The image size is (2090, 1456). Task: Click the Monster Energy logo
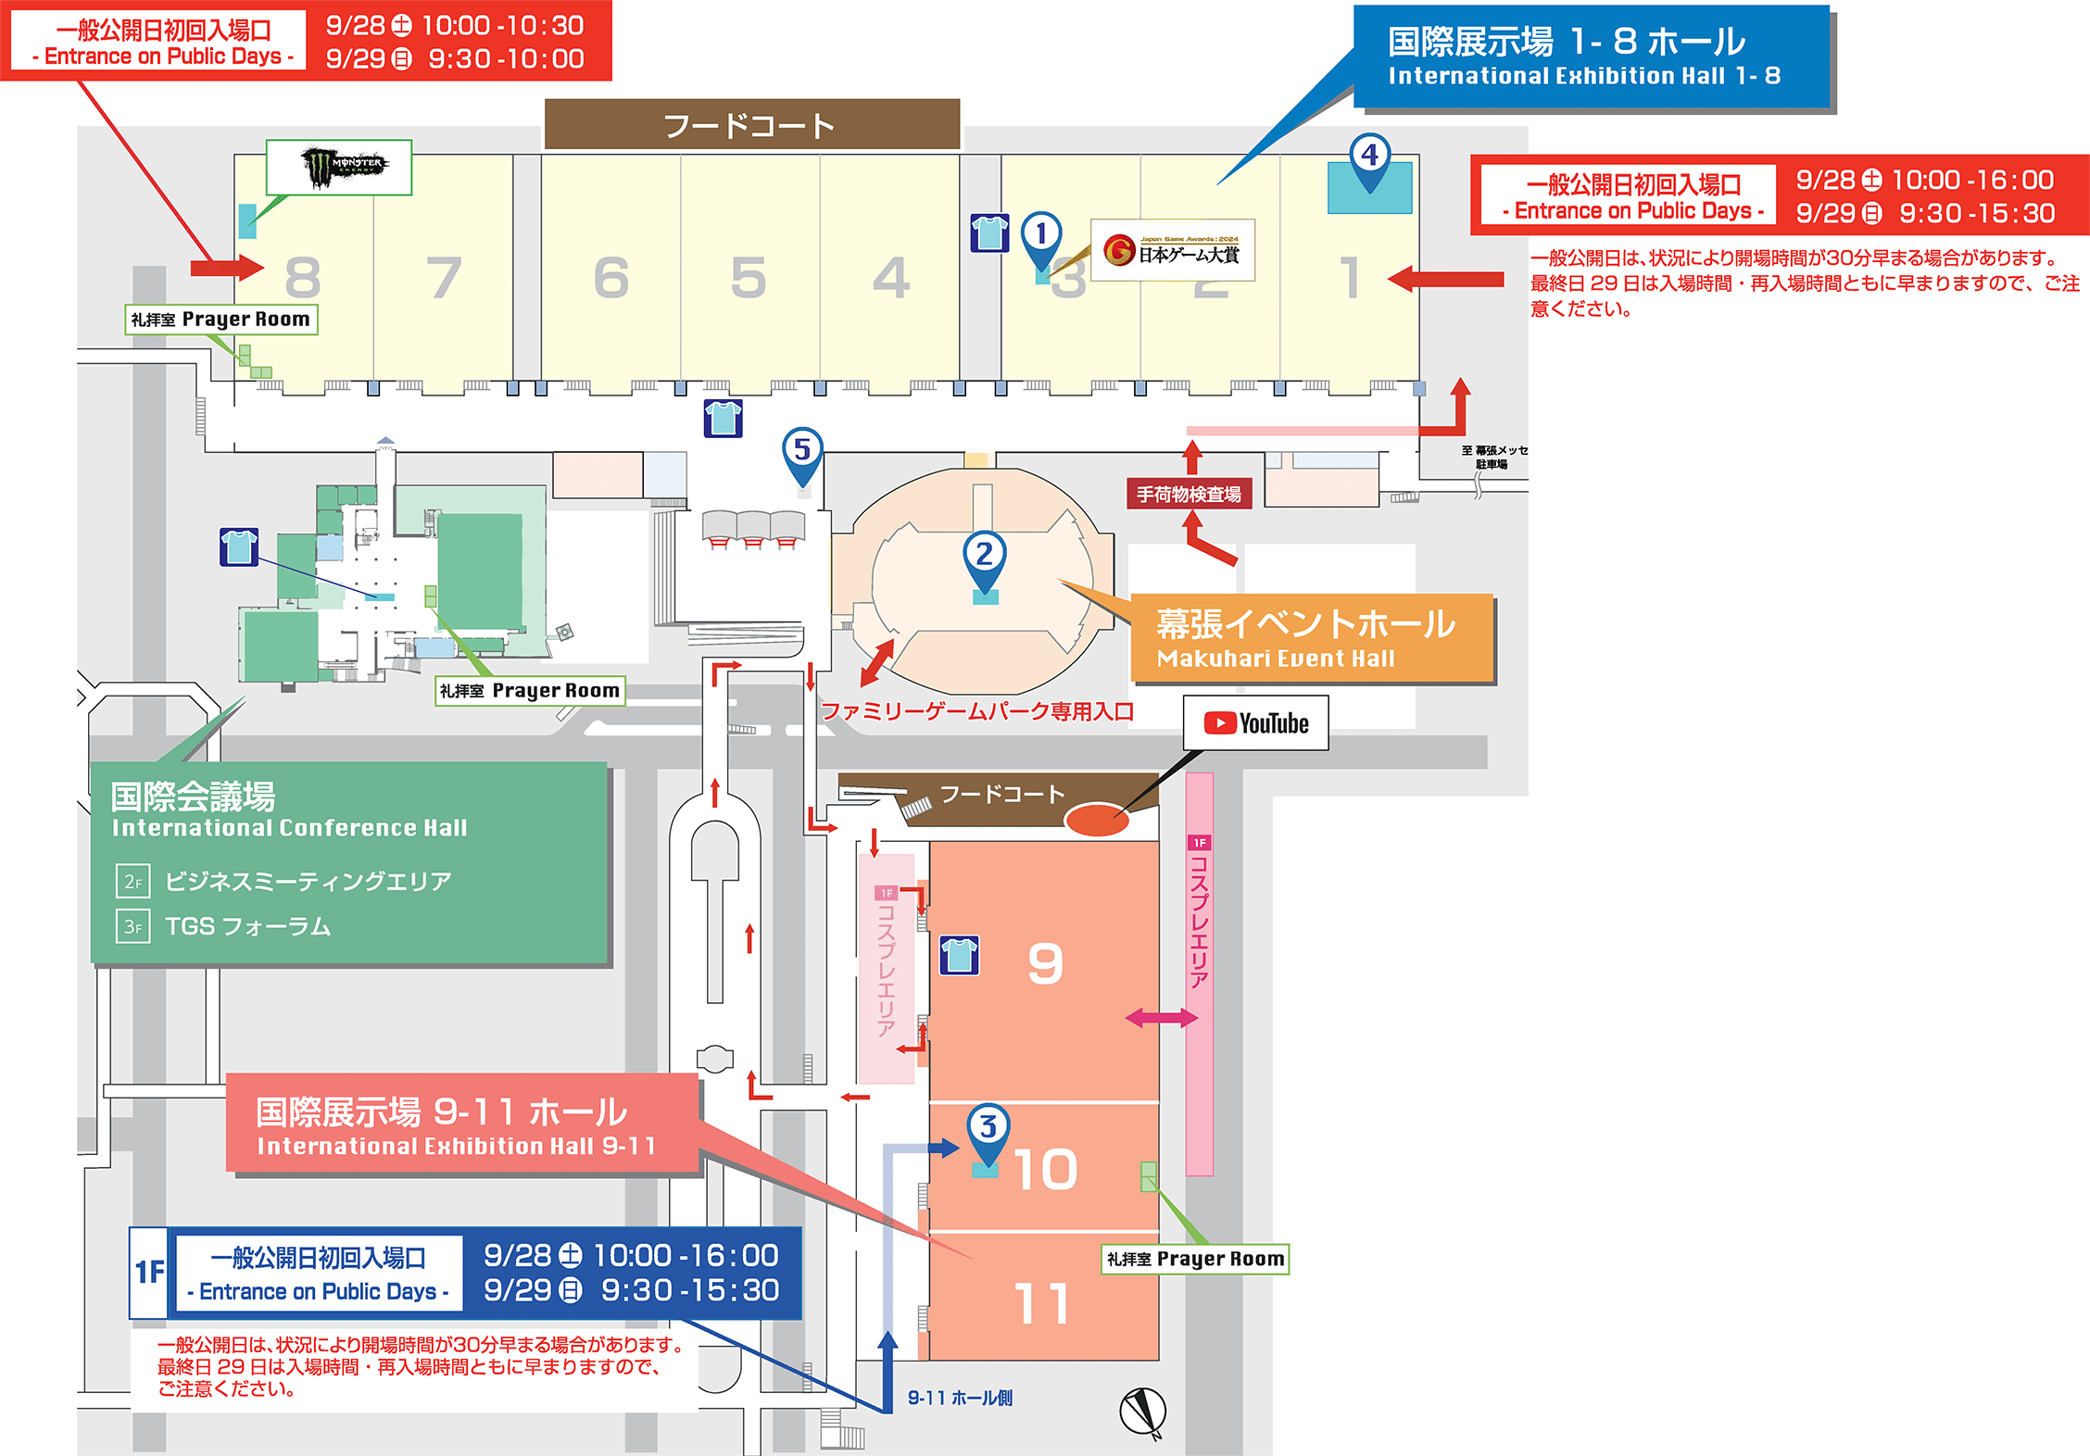point(339,167)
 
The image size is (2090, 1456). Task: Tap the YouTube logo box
point(1255,723)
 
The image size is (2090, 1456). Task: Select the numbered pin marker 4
point(1370,157)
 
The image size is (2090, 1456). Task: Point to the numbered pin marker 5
point(802,451)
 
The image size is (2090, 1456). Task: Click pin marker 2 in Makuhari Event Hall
point(984,556)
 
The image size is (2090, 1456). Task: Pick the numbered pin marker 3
point(988,1128)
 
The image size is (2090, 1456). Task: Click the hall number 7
point(444,278)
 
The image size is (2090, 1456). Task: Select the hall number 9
point(1045,964)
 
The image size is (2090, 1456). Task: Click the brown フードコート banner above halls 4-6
point(751,125)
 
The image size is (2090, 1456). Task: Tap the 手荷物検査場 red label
point(1189,495)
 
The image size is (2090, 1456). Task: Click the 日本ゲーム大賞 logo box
point(1173,250)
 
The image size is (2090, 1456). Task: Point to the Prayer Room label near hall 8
point(221,320)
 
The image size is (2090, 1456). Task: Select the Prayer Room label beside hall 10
point(1195,1259)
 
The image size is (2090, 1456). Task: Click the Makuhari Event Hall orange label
point(1311,638)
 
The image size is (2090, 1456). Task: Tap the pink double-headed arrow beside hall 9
point(1161,1019)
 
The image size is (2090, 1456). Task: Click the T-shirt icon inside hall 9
point(959,955)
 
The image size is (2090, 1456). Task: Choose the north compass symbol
point(1143,1412)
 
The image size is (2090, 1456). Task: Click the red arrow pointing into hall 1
point(1445,278)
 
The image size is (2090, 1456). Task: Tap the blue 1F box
point(149,1273)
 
